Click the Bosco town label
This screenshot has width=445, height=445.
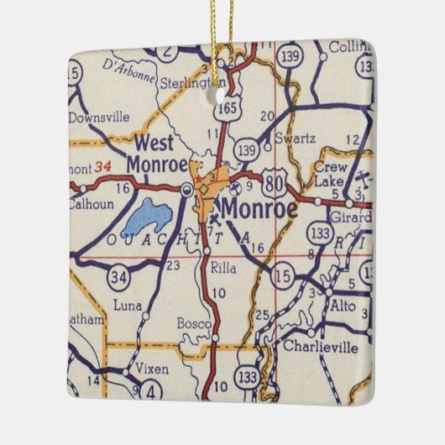(192, 322)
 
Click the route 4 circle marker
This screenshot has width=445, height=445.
(151, 392)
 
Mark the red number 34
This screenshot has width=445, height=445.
(103, 165)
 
